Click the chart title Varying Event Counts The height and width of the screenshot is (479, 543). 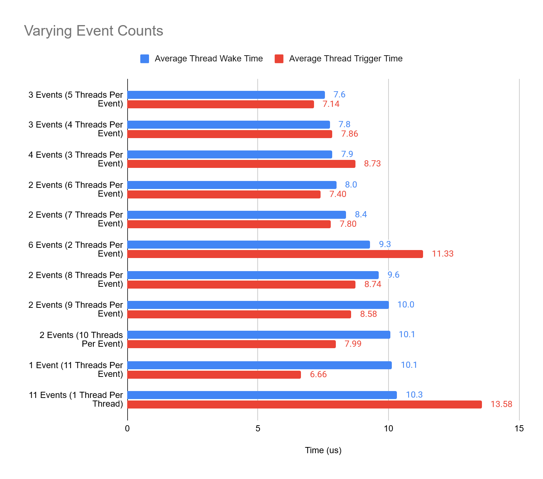pos(93,31)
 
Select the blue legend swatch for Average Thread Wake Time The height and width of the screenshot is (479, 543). pos(145,59)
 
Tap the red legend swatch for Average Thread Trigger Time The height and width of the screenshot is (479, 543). pos(279,59)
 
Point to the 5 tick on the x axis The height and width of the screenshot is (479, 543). pos(258,428)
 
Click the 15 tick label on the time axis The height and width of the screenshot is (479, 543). pos(519,428)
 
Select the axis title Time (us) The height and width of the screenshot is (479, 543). pos(323,450)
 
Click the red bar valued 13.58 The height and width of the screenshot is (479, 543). pos(305,404)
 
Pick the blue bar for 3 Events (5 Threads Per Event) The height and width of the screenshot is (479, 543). pos(226,95)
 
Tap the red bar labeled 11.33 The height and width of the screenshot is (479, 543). pos(275,254)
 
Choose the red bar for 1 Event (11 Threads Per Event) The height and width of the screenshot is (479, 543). pos(214,375)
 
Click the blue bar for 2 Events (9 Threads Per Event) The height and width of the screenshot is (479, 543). pos(258,305)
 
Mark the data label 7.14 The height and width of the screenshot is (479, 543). pos(331,104)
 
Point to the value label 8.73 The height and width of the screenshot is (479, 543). pos(373,164)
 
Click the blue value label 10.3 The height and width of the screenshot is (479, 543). pos(414,395)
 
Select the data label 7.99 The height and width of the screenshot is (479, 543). pos(353,344)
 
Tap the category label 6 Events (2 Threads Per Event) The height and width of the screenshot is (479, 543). pos(76,249)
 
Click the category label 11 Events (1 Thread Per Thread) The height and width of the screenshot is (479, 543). pos(76,399)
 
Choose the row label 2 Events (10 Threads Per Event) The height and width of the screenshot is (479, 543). pos(81,339)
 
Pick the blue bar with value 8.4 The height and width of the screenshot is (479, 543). pos(237,215)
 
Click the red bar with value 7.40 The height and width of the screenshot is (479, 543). pos(224,194)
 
